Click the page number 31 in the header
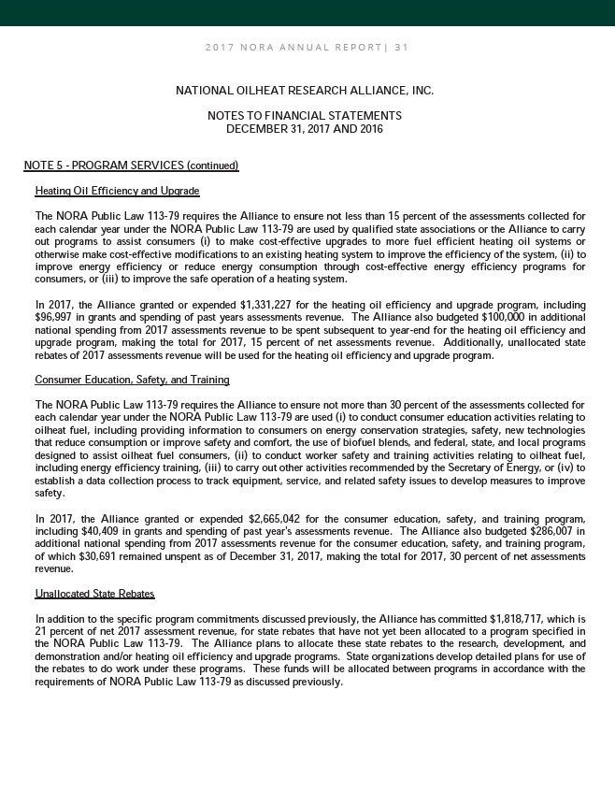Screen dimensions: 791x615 [x=402, y=47]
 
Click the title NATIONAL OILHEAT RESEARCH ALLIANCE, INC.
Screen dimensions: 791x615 [x=305, y=91]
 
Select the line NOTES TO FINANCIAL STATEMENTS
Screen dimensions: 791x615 [x=305, y=115]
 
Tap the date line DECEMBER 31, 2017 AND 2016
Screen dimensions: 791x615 [x=305, y=128]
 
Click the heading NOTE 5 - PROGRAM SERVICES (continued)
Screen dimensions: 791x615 [x=132, y=166]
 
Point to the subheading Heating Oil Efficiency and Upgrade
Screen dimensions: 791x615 [x=117, y=191]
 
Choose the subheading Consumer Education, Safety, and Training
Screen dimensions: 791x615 [x=132, y=380]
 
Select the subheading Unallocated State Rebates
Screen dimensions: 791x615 [x=94, y=594]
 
